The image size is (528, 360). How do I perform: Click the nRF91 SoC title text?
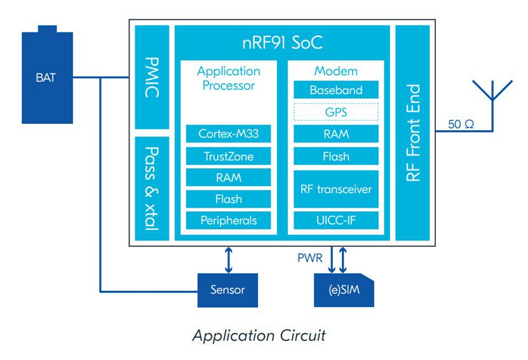click(x=281, y=43)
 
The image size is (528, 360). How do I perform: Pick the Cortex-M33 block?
click(x=228, y=134)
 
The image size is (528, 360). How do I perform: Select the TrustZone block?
click(x=228, y=156)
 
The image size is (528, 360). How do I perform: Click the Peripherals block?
click(x=228, y=220)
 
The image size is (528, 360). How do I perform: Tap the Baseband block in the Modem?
click(x=336, y=90)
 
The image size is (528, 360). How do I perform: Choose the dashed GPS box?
click(x=336, y=112)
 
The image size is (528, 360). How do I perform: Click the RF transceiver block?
click(x=336, y=189)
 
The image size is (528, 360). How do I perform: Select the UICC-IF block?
click(x=336, y=220)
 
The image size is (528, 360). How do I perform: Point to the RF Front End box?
click(x=413, y=133)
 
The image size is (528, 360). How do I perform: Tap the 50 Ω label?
click(x=461, y=124)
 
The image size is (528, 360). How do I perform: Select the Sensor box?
click(x=227, y=290)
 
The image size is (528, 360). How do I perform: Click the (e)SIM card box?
click(x=343, y=290)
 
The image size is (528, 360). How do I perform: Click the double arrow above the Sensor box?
click(x=227, y=259)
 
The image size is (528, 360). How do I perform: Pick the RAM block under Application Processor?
click(x=228, y=178)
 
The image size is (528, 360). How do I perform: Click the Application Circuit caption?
click(x=259, y=335)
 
